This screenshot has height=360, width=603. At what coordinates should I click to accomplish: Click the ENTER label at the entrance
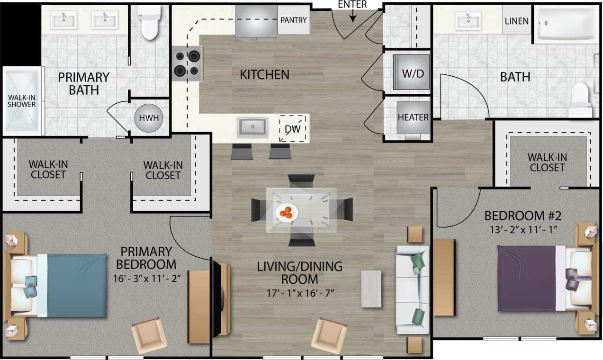[352, 5]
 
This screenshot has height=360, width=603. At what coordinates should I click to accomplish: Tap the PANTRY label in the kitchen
[294, 20]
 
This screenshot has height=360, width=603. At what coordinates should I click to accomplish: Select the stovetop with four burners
[187, 63]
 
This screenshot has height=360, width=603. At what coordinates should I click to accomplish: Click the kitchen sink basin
[252, 127]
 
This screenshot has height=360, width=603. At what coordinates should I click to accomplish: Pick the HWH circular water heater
[145, 118]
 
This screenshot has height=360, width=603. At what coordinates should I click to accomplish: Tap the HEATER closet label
[413, 117]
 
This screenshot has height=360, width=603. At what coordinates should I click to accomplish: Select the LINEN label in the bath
[516, 21]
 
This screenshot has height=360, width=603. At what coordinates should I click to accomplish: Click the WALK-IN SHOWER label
[21, 101]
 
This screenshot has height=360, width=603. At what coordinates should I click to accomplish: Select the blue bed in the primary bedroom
[66, 285]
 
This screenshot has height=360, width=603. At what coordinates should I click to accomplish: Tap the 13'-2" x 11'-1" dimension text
[522, 230]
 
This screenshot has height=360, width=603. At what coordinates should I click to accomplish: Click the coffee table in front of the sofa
[371, 289]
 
